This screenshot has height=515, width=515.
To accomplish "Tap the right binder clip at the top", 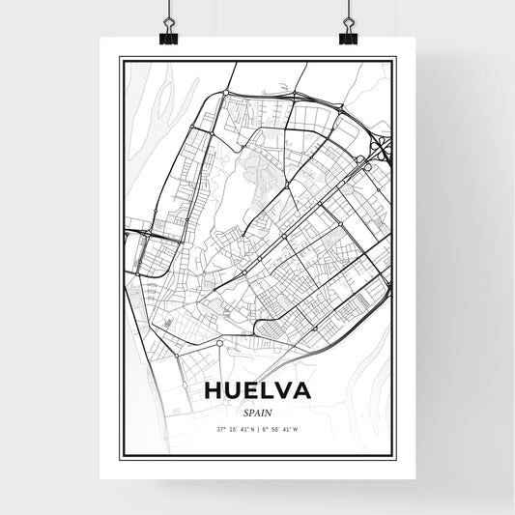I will (348, 36).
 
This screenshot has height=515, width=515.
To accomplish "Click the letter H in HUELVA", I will (214, 392).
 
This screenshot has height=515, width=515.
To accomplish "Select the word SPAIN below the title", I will (257, 411).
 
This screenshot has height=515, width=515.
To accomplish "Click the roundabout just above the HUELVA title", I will (221, 343).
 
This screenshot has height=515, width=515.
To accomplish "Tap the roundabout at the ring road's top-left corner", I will (225, 94).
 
